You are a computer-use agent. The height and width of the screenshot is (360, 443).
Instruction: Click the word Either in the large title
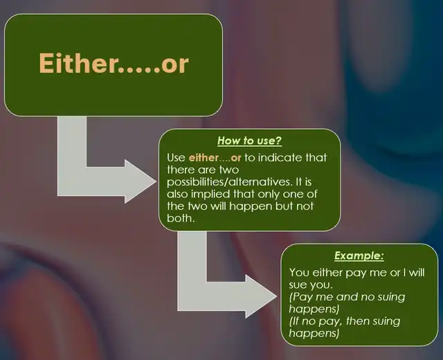[x=78, y=63]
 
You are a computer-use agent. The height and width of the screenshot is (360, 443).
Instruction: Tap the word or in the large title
[x=175, y=64]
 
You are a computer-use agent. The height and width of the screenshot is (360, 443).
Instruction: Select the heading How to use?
[x=249, y=141]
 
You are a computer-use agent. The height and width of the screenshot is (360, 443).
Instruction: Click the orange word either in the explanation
[x=204, y=157]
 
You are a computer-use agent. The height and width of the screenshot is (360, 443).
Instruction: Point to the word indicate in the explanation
[x=276, y=157]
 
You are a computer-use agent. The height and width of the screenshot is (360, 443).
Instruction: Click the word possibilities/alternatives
[x=229, y=181]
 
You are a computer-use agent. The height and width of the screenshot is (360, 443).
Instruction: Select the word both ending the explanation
[x=179, y=218]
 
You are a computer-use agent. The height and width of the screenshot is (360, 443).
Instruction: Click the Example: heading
[x=359, y=255]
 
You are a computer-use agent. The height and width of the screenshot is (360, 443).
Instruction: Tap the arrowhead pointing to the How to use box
[x=141, y=181]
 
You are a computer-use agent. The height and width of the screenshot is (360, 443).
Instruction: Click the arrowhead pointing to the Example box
[x=262, y=296]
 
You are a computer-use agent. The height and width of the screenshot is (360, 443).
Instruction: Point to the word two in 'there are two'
[x=229, y=170]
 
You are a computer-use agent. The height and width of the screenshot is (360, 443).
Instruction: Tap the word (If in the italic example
[x=293, y=321]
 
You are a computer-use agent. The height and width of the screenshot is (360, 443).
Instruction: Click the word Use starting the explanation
[x=176, y=157]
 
